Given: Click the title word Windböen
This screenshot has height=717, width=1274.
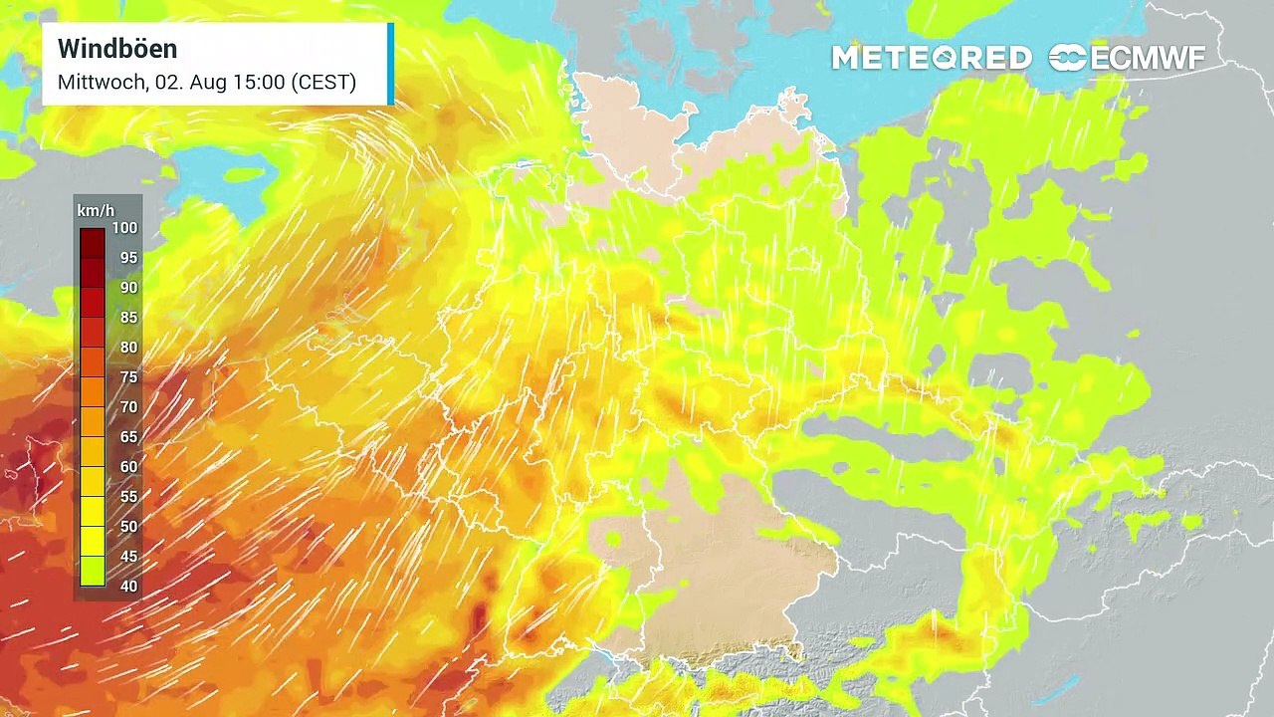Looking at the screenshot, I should pos(117,49).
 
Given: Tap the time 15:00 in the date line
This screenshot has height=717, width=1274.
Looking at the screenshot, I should pos(259,83).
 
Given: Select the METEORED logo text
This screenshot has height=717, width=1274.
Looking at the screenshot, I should pos(931,59).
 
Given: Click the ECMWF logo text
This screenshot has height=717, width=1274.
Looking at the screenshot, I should pos(1148,59).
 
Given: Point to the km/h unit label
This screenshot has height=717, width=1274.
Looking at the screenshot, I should pos(95,210).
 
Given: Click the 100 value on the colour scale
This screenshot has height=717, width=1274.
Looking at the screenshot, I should pos(124,228).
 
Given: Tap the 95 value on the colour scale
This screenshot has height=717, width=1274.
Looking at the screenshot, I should pos(127,258).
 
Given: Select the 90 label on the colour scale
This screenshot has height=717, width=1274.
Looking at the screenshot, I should pos(127,288).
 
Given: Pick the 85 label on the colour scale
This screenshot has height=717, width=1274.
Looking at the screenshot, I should pos(127,318).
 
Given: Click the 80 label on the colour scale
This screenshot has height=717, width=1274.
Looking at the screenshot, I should pos(127,348).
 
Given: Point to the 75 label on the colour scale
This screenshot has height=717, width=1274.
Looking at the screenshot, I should pos(127,377).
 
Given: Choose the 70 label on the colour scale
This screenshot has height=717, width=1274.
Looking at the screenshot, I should pos(127,407).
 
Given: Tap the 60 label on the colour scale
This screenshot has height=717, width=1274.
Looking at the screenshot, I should pos(127,467).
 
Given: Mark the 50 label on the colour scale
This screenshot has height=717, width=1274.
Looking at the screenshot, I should pos(127,527).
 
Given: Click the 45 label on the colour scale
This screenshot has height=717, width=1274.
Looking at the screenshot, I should pos(127,557).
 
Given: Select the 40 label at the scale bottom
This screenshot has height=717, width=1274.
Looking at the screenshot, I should pos(127,587).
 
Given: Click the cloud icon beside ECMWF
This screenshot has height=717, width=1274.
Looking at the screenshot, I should pos(1068,59).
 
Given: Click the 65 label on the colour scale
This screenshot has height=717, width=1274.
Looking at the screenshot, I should pos(127,437).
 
